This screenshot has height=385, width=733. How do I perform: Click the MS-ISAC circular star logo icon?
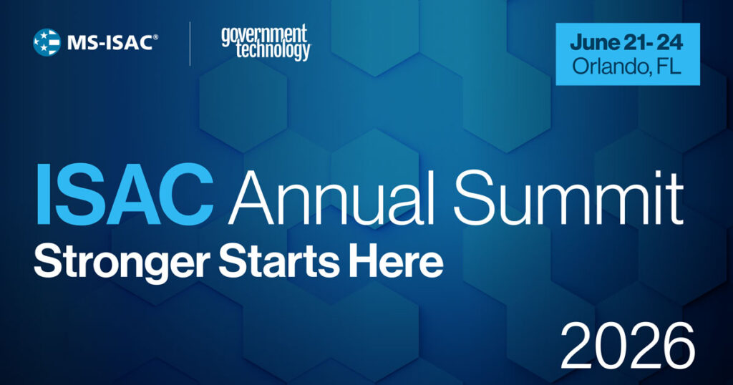[46, 42]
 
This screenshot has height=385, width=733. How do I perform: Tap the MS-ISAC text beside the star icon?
[108, 42]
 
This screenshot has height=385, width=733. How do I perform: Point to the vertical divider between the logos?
[190, 43]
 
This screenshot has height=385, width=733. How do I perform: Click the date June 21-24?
[626, 42]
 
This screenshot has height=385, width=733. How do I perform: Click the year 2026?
[627, 345]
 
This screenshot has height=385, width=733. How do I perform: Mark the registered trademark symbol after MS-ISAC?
[156, 35]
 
